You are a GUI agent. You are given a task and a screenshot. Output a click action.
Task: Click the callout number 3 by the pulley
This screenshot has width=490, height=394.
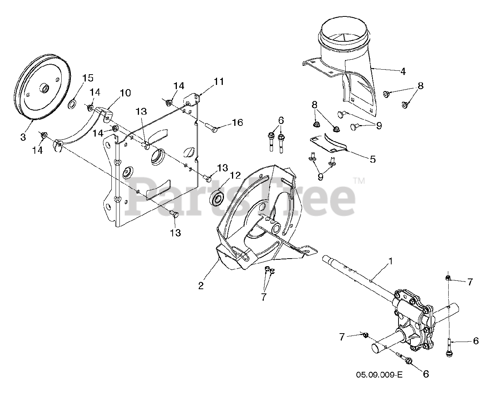pyautogui.click(x=23, y=137)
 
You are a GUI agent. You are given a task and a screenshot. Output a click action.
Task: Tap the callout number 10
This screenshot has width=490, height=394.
pyautogui.click(x=125, y=93)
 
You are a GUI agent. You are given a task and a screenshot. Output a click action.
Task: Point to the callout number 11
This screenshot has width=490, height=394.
pyautogui.click(x=219, y=81)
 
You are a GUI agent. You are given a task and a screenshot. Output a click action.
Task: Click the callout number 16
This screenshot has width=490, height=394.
pyautogui.click(x=237, y=122)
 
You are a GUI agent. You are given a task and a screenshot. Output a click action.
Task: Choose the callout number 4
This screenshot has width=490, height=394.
pyautogui.click(x=403, y=71)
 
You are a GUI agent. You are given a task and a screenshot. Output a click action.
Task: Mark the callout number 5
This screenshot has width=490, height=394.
pyautogui.click(x=373, y=159)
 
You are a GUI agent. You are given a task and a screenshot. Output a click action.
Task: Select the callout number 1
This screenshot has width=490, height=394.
pyautogui.click(x=390, y=261)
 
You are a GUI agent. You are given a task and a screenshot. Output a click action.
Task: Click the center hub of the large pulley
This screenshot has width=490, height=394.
pyautogui.click(x=45, y=89)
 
